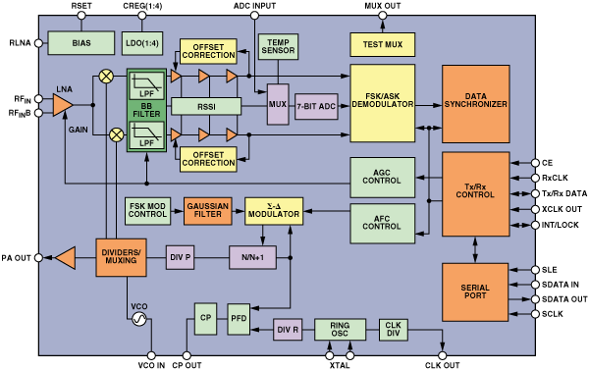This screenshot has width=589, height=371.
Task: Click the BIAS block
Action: point(80,42)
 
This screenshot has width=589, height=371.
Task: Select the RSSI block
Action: point(206,106)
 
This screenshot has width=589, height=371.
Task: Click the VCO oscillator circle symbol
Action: point(139,320)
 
